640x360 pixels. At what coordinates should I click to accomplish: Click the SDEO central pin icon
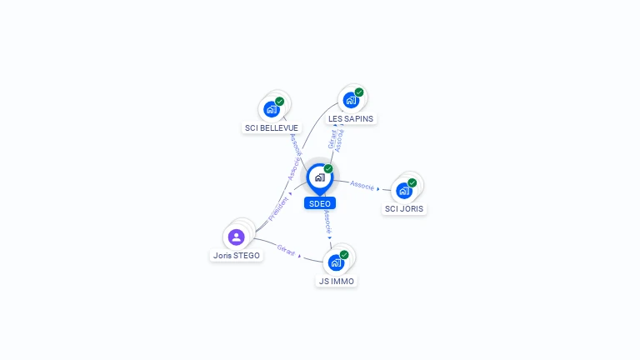coord(319,177)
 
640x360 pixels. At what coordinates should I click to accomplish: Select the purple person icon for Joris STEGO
coord(236,237)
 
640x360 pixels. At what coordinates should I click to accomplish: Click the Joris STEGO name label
coord(236,256)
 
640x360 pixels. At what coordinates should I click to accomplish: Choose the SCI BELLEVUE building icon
coord(271,108)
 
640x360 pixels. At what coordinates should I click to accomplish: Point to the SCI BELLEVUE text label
coord(271,128)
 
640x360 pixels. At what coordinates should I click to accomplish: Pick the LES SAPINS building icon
coord(351,100)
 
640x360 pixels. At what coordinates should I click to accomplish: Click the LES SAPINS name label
coord(351,119)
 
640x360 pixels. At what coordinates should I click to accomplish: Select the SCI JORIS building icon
coord(403,190)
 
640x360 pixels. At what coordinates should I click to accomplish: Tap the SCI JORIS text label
coord(404,209)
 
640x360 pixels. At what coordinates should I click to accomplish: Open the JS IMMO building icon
coord(336,262)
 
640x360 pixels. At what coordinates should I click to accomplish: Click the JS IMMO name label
coord(337,282)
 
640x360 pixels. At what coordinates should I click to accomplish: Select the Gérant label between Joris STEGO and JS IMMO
coord(286,249)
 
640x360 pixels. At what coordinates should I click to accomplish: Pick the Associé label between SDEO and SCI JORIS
coord(362,185)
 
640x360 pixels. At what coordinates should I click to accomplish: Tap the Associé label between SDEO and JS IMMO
coord(327,221)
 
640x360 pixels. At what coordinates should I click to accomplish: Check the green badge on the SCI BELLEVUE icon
coord(280,101)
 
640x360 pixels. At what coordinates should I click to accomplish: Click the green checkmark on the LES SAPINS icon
coord(359,92)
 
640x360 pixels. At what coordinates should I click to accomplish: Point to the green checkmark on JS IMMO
coord(344,255)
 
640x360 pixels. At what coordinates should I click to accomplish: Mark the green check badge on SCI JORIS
coord(412,182)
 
